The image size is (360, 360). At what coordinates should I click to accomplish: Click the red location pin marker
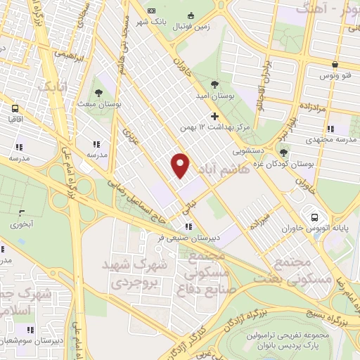coord(181,165)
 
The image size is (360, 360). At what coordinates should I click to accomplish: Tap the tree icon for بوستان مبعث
coord(98,94)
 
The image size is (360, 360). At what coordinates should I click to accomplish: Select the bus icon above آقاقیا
coord(15,108)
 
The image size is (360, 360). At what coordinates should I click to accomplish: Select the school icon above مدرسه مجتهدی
coord(329,129)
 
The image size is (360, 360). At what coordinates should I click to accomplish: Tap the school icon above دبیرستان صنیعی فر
coord(187,226)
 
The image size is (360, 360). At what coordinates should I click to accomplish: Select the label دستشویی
coord(250,151)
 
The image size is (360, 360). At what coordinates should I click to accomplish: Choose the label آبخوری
coord(21,224)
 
